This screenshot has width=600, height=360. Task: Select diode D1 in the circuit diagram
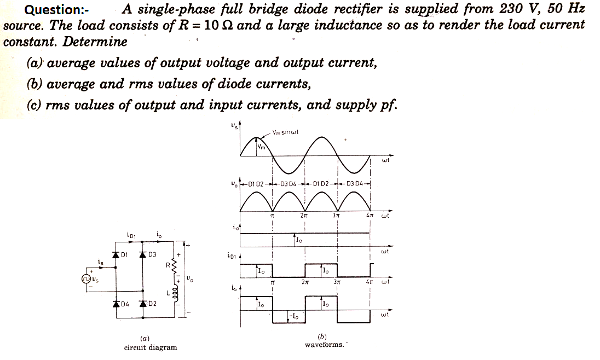116,254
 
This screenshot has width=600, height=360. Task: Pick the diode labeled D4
116,304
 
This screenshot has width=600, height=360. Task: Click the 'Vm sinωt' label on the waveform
285,132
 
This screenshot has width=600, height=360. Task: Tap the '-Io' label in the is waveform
295,316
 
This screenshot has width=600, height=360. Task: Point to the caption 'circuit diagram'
151,347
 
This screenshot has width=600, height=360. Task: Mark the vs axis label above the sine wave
234,127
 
